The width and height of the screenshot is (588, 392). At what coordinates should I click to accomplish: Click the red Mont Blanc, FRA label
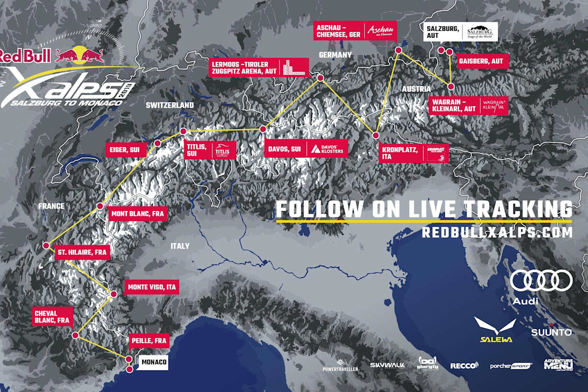138,214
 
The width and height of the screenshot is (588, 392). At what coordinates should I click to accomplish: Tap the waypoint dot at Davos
263,129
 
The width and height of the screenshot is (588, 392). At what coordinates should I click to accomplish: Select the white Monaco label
152,363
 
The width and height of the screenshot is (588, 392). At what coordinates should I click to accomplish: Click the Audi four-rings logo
541,281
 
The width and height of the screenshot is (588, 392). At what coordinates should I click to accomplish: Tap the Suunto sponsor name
551,333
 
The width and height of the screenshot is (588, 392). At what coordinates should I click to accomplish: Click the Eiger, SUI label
126,150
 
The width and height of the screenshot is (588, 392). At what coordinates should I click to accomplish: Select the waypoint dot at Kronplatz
376,135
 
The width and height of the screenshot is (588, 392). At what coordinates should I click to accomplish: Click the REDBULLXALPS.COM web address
497,233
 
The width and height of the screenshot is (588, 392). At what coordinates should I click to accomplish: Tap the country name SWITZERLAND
170,105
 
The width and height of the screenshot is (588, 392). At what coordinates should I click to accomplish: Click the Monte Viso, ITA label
151,287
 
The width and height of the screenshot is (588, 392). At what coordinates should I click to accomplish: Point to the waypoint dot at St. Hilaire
46,245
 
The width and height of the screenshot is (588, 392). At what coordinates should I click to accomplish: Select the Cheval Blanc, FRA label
51,317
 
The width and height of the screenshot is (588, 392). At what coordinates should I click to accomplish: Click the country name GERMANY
335,55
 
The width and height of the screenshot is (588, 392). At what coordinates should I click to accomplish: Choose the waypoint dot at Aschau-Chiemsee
398,49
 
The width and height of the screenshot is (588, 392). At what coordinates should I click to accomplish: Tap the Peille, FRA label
149,340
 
